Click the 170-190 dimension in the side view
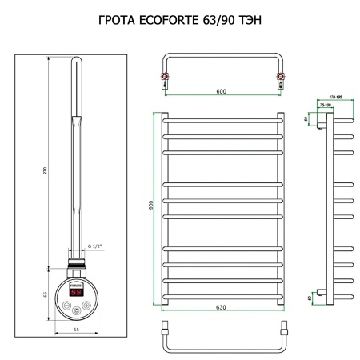coord(332,98)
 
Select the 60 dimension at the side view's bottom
coord(306,298)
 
